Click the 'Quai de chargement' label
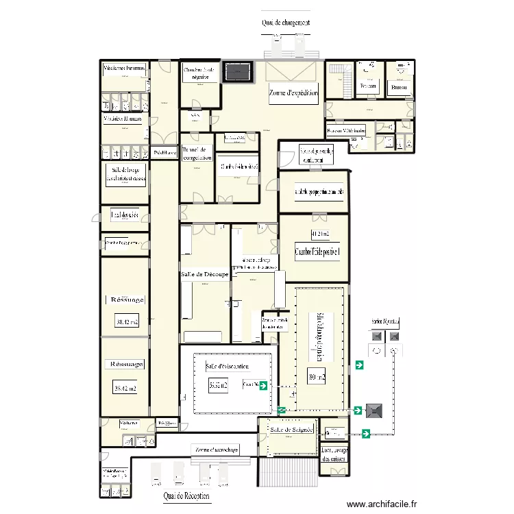pos(286,23)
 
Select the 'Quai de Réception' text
pos(186,495)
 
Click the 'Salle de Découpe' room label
pos(204,274)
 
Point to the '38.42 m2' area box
pos(127,321)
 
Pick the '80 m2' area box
pos(317,376)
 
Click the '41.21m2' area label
pos(320,234)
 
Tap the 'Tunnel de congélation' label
pos(197,154)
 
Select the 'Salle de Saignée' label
pos(291,430)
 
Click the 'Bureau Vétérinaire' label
pos(346,130)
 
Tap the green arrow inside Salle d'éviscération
pos(262,386)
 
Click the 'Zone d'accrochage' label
pos(217,450)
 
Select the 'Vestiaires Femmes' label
pos(124,69)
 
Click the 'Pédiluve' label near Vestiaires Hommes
pos(164,152)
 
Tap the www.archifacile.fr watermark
pos(382,504)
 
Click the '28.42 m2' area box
pos(125,389)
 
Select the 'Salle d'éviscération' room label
pos(226,367)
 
